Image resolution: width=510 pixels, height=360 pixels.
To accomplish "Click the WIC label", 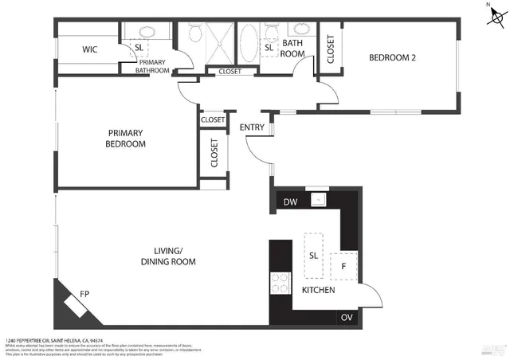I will pyautogui.click(x=89, y=49).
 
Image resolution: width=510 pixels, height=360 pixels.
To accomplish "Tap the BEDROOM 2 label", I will pyautogui.click(x=392, y=57).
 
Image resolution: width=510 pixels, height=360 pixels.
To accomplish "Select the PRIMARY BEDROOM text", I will pyautogui.click(x=126, y=139).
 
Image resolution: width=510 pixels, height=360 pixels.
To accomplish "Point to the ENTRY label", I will pyautogui.click(x=253, y=127).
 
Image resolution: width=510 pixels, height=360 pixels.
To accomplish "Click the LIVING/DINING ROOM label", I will pyautogui.click(x=168, y=256).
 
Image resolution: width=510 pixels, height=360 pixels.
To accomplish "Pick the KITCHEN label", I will pyautogui.click(x=318, y=291).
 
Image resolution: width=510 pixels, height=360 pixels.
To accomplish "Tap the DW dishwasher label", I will pyautogui.click(x=291, y=202).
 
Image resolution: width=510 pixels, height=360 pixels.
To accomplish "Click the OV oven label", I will pyautogui.click(x=346, y=318).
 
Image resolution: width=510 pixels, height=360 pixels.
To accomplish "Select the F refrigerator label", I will pyautogui.click(x=343, y=264).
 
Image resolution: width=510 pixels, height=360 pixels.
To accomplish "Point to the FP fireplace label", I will pyautogui.click(x=61, y=292).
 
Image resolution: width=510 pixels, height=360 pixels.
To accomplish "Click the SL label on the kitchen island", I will pyautogui.click(x=313, y=255).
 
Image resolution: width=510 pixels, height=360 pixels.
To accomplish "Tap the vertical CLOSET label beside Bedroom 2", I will pyautogui.click(x=331, y=49).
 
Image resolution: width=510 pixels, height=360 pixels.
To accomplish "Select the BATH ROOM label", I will pyautogui.click(x=293, y=48).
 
